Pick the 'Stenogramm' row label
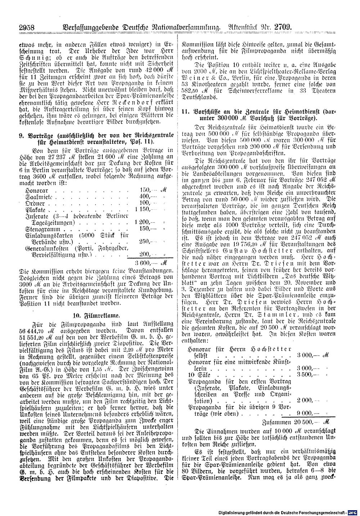[x=41, y=228]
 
